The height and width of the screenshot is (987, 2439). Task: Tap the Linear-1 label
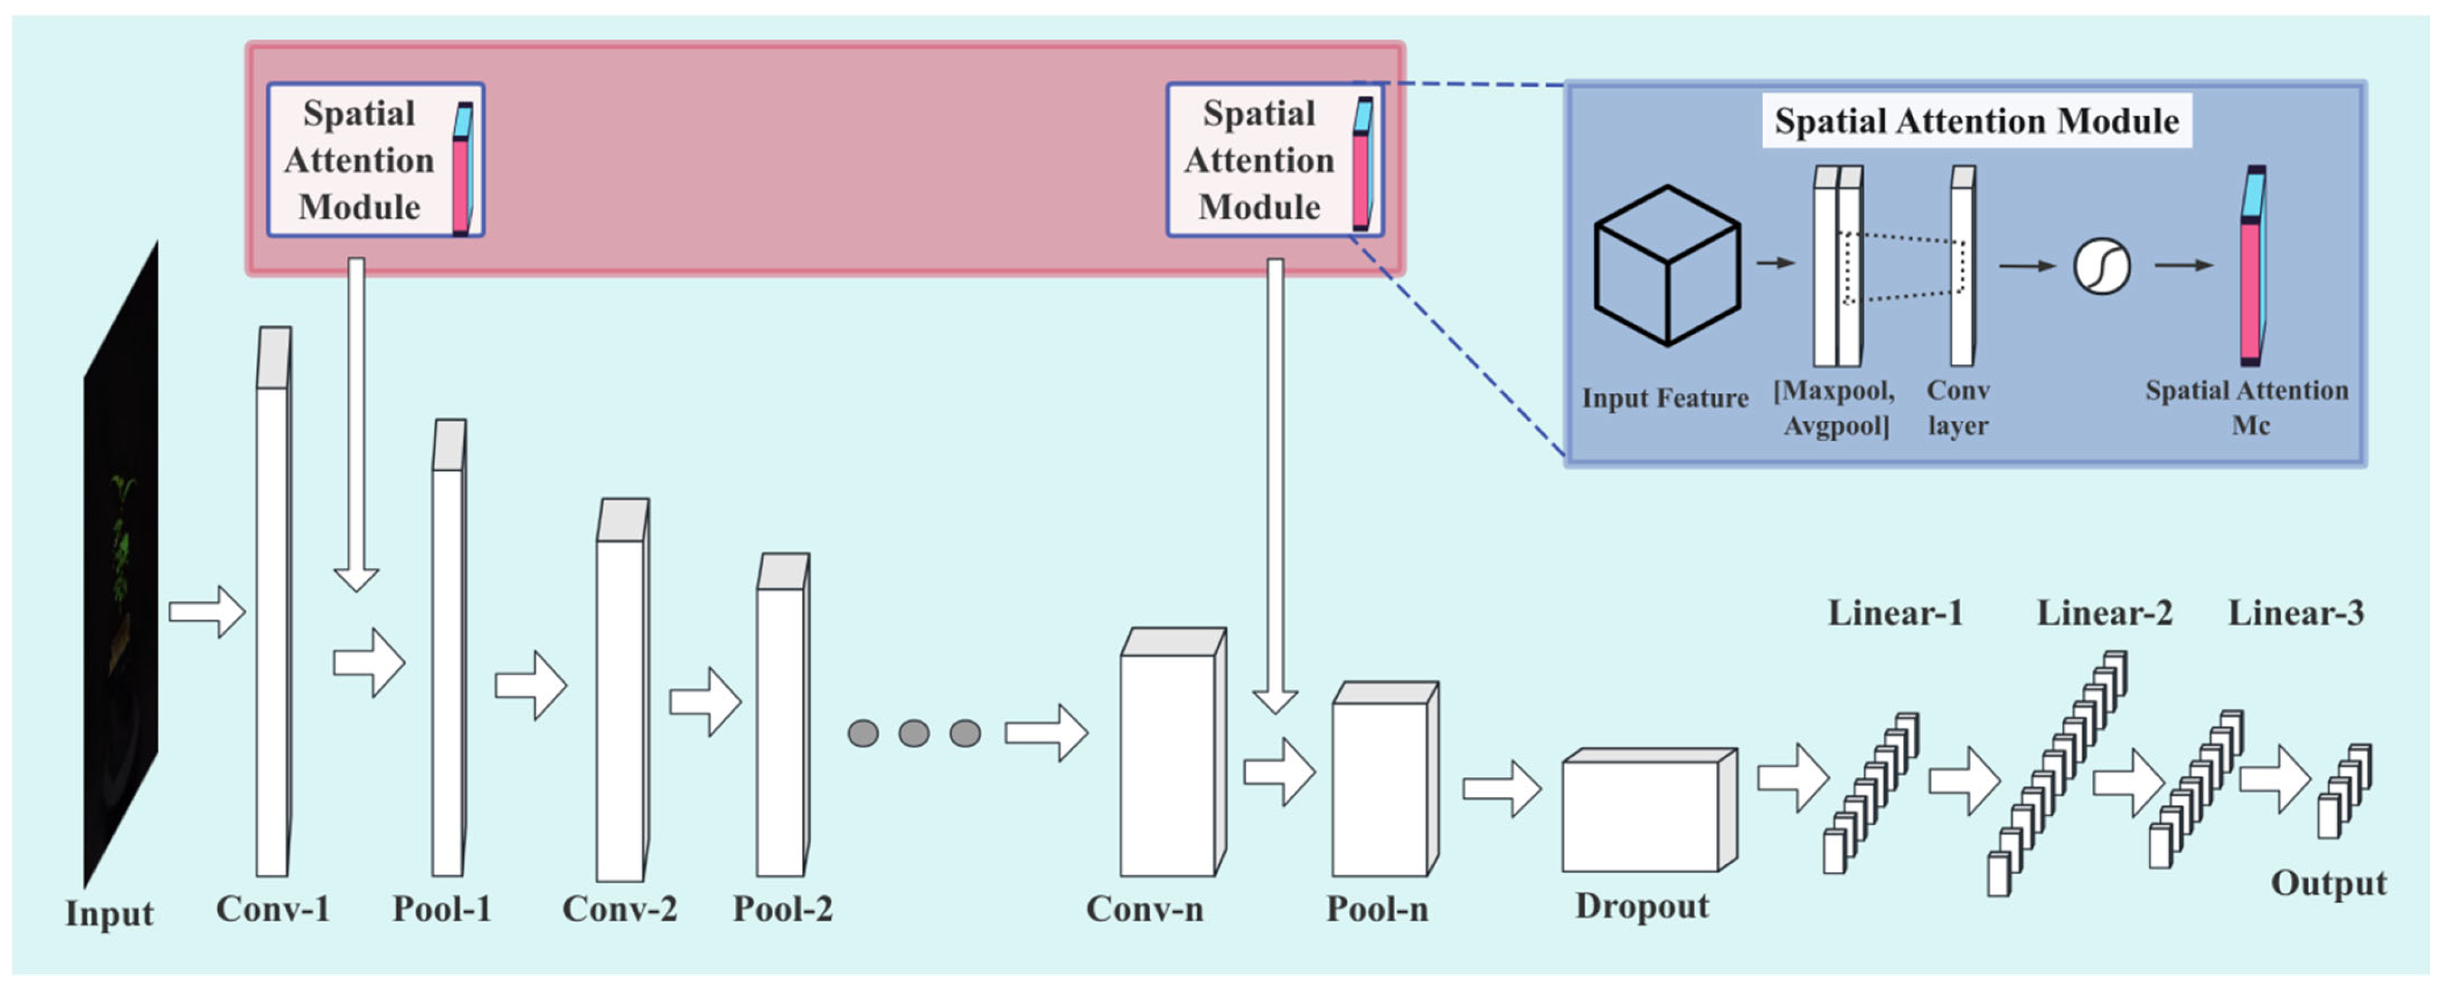coord(1895,613)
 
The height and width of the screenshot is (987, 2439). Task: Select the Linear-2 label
coord(2104,613)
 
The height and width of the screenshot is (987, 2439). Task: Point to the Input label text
coord(109,913)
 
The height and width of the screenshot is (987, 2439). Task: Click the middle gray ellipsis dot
coord(914,733)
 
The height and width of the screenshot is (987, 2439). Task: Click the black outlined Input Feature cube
coord(1667,266)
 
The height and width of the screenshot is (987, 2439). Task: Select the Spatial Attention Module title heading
coord(1976,121)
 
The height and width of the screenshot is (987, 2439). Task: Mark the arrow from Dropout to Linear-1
coord(1792,778)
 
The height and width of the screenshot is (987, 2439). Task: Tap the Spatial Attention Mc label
coord(2247,407)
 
